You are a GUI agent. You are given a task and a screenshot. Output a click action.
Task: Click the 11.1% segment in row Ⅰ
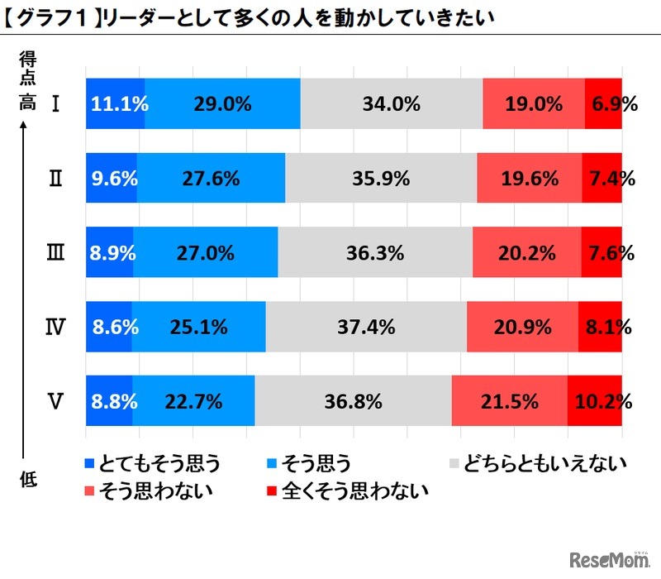coord(115,104)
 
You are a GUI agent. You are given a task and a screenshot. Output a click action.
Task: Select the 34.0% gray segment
coord(391,104)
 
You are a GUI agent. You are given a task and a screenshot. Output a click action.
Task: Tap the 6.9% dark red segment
coord(603,104)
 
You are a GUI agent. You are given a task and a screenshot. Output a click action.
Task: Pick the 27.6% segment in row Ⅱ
coord(211,178)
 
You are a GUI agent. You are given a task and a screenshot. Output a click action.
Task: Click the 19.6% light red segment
coord(529,178)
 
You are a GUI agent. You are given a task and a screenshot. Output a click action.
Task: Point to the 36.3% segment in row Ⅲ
coord(375,253)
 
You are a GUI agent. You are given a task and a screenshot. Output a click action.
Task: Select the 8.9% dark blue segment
coord(109,253)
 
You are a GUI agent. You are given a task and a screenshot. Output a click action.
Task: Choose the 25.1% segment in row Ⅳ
coord(198,327)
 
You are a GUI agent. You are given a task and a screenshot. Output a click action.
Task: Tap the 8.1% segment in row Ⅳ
coord(600,327)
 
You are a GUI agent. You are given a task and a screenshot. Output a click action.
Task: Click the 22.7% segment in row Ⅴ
coord(193,402)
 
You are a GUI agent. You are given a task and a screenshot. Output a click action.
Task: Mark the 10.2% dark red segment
coord(595,402)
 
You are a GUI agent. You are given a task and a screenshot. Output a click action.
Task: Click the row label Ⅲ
coord(55,253)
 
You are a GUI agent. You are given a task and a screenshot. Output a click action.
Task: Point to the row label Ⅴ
coord(55,402)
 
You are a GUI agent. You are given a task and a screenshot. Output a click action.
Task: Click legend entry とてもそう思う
coord(152,463)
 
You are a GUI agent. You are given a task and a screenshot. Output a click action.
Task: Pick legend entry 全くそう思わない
coord(347,490)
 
